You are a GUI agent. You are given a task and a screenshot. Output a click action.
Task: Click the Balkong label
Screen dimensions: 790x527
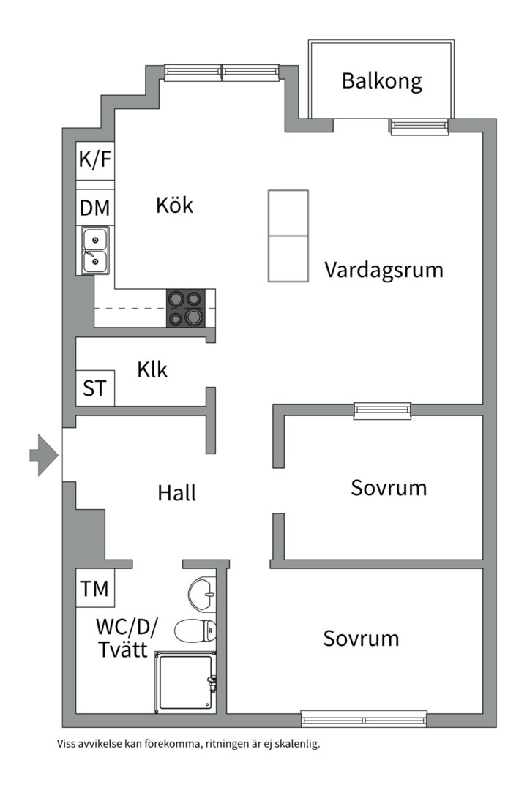(x=381, y=80)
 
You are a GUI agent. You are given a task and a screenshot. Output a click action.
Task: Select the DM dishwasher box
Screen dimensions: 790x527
(x=95, y=208)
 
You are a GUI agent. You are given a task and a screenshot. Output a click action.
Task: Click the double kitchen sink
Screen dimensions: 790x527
(x=95, y=249)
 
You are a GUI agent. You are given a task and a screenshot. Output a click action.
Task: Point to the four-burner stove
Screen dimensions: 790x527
(x=186, y=308)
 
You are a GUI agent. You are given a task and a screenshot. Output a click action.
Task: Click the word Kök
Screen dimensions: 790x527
(x=174, y=205)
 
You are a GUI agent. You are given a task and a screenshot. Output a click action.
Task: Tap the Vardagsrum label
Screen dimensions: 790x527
(x=384, y=270)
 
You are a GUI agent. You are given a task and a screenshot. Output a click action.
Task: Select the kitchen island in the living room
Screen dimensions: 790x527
(x=288, y=236)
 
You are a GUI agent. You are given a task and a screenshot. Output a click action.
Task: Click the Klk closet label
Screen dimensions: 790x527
(x=152, y=370)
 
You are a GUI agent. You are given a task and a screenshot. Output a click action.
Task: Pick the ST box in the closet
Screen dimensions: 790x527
(x=94, y=388)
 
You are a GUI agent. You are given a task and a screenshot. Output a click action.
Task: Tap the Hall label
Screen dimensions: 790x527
(x=176, y=494)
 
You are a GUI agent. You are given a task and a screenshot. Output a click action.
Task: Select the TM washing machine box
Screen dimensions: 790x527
(x=95, y=588)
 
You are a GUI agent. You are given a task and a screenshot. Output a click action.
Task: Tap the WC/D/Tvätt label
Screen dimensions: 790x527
(x=127, y=639)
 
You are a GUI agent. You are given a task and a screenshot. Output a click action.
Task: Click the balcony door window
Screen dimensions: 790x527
(x=419, y=127)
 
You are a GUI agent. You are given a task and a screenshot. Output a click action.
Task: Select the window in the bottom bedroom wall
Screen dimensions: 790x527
(x=364, y=718)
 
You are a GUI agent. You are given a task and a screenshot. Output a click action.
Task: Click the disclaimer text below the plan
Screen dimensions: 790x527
(x=189, y=745)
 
